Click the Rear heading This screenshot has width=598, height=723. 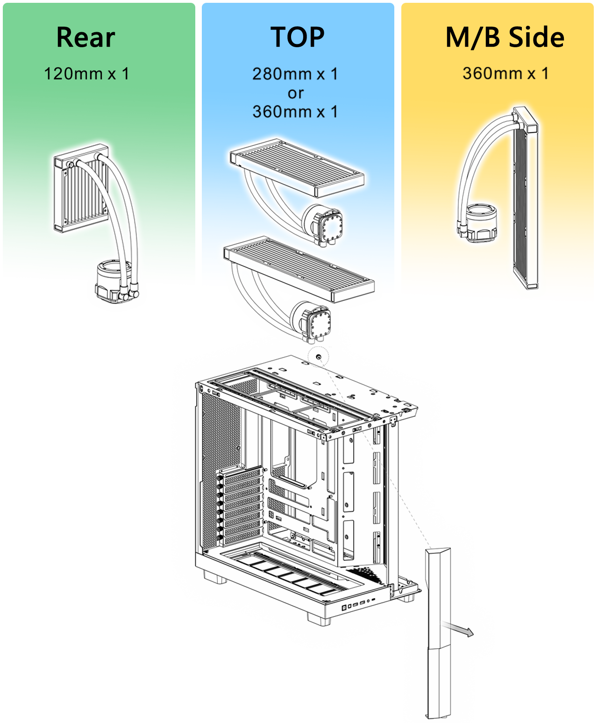pos(85,37)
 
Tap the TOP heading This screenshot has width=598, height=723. pos(298,37)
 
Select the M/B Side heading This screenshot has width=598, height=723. pos(505,37)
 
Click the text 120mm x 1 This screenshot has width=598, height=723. pos(86,74)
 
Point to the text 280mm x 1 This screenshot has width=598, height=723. pos(295,74)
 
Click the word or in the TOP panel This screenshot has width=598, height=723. pos(296,93)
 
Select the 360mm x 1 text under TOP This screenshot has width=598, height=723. pos(295,112)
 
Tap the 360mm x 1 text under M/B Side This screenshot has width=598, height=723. pos(505,73)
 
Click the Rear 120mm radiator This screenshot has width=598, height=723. pos(81,188)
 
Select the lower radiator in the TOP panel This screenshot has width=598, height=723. pos(299,269)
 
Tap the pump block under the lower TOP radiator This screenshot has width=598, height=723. pos(311,322)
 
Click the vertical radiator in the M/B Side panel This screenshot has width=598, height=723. pos(526,198)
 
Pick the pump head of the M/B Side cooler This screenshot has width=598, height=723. pos(478,222)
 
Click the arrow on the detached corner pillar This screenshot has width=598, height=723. pos(457,629)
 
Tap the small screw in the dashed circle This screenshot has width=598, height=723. pos(319,357)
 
